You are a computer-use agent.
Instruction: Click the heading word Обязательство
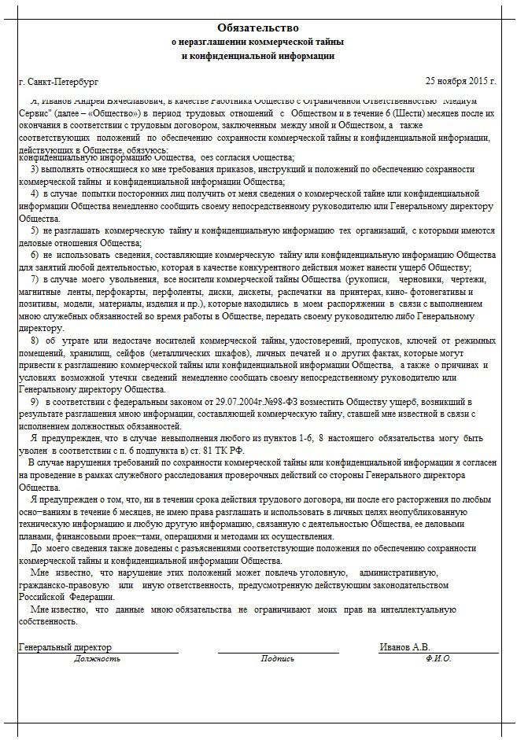[x=258, y=28]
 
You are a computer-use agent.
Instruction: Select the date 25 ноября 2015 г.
[x=461, y=81]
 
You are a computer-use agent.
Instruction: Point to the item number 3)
[x=35, y=170]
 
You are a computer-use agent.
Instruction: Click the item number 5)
[x=35, y=232]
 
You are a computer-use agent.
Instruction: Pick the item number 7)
[x=35, y=279]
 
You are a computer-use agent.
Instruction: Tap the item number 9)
[x=35, y=402]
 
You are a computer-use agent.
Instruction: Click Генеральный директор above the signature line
[x=65, y=646]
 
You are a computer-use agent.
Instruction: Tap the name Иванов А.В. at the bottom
[x=404, y=646]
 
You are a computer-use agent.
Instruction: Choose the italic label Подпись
[x=278, y=659]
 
